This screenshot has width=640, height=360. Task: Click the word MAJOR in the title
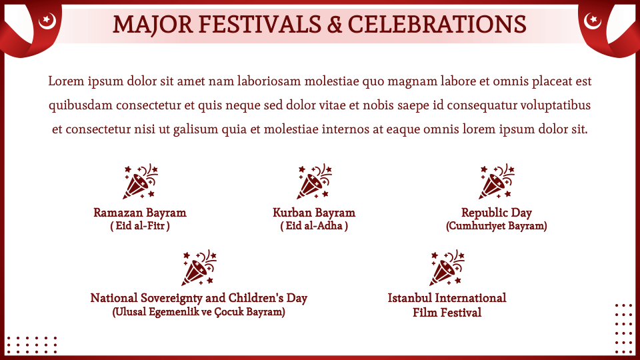152,25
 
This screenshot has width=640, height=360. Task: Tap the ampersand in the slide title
334,25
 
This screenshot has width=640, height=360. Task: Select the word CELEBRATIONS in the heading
437,25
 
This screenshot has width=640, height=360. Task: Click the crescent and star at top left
47,21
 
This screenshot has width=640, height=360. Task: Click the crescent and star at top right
592,21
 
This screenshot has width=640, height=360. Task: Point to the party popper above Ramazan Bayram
141,181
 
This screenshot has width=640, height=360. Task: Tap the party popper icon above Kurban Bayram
314,181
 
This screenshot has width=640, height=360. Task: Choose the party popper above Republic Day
496,181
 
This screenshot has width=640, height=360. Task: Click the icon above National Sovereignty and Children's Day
199,267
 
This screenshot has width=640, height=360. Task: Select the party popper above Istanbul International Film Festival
447,267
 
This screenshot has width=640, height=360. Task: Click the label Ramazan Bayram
140,213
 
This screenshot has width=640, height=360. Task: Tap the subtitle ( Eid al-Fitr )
140,226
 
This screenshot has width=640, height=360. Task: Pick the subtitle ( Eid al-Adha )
314,226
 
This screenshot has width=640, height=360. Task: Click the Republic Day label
496,213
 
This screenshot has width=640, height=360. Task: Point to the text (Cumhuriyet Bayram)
496,226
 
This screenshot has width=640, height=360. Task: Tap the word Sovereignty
172,299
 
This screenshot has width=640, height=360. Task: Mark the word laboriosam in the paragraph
269,81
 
